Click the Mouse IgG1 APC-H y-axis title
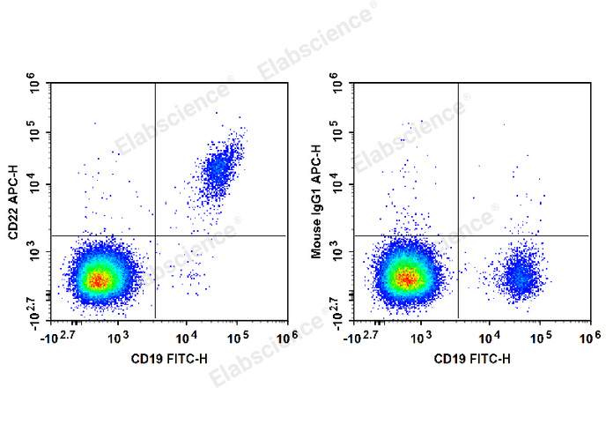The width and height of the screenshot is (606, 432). (318, 202)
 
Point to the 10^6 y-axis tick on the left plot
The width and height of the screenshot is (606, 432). (35, 86)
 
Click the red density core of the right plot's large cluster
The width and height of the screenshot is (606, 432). (406, 279)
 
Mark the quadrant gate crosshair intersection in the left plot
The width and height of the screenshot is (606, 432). (155, 235)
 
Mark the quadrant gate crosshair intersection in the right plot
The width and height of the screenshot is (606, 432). (458, 235)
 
